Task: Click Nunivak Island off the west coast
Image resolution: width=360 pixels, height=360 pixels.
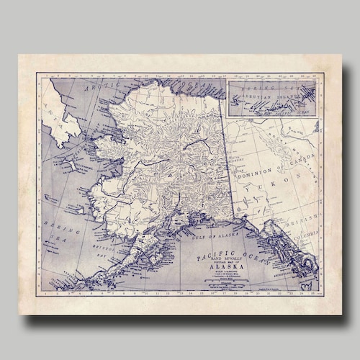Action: coord(74,208)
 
